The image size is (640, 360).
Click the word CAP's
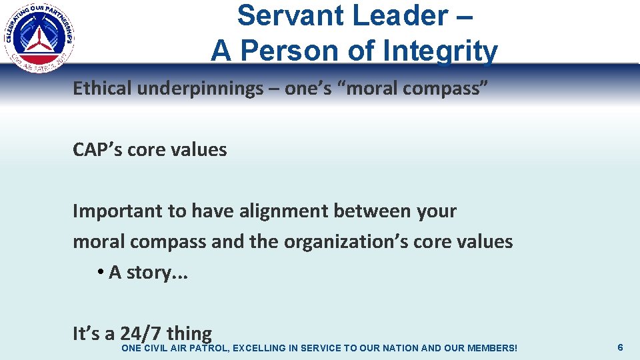pos(97,150)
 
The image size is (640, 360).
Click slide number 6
pos(620,347)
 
